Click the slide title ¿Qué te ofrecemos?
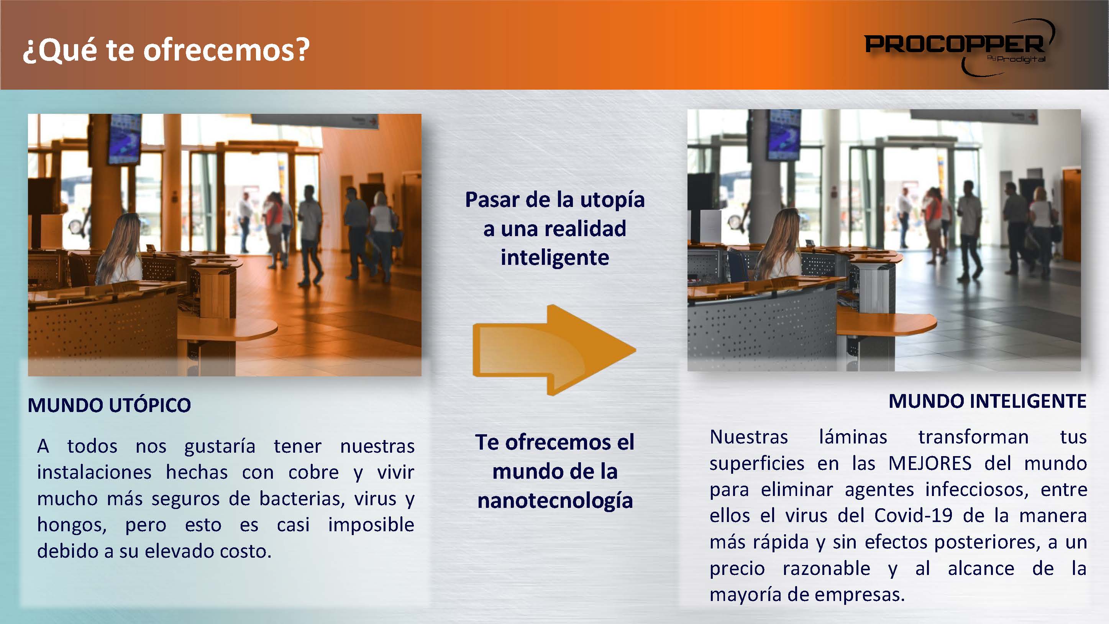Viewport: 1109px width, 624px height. tap(166, 50)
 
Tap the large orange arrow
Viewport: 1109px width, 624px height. tap(554, 350)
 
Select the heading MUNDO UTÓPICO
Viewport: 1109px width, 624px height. tap(109, 405)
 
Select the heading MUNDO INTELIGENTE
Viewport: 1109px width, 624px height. tap(988, 401)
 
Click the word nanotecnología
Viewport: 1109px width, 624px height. tap(555, 501)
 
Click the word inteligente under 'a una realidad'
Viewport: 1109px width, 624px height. tap(554, 258)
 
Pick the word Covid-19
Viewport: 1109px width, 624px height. tap(913, 516)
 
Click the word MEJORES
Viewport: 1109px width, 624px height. tap(930, 463)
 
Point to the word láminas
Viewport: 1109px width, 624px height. tap(853, 437)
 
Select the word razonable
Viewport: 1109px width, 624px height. tap(826, 568)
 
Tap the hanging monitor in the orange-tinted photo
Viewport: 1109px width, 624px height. tap(124, 139)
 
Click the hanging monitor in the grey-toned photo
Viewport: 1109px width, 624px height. tap(785, 134)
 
